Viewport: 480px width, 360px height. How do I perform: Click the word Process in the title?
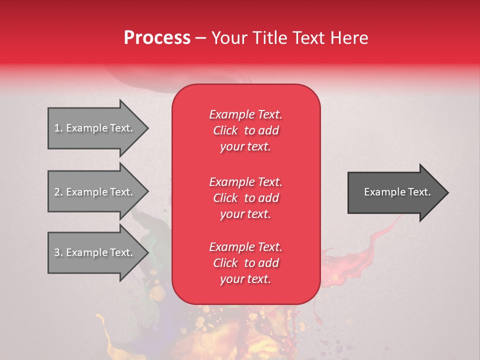pos(157,38)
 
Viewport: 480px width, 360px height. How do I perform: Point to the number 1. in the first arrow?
pos(58,128)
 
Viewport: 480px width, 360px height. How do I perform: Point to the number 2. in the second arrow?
pos(58,192)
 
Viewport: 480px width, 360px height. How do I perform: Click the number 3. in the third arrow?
pos(58,252)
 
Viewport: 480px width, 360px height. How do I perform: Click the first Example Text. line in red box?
pos(245,114)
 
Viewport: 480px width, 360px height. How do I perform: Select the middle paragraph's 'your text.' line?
pos(245,214)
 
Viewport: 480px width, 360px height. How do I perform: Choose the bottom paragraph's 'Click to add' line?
pos(245,263)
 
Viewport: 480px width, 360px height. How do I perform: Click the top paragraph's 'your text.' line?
pos(245,146)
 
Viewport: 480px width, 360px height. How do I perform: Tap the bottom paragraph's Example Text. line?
pos(245,247)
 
